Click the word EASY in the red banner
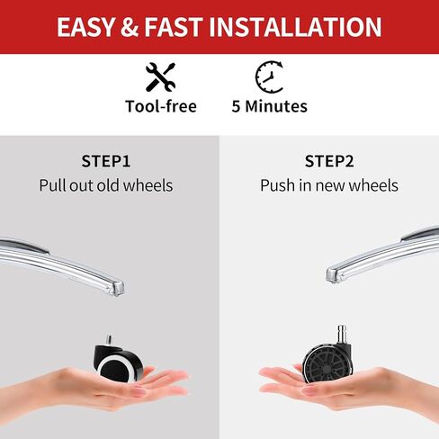pos(85,27)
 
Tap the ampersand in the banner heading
pos(130,27)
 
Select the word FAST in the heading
pos(174,27)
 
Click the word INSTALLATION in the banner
pos(295,27)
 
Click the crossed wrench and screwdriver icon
pos(160,77)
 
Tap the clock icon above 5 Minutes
pos(270,76)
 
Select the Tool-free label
pos(161,106)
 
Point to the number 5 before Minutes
pos(236,106)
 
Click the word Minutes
pos(276,106)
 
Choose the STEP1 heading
pos(106,161)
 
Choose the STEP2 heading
pos(329,161)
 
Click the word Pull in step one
pos(52,185)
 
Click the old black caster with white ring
pos(119,362)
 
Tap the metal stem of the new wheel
pos(342,336)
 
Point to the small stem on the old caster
pos(109,339)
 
